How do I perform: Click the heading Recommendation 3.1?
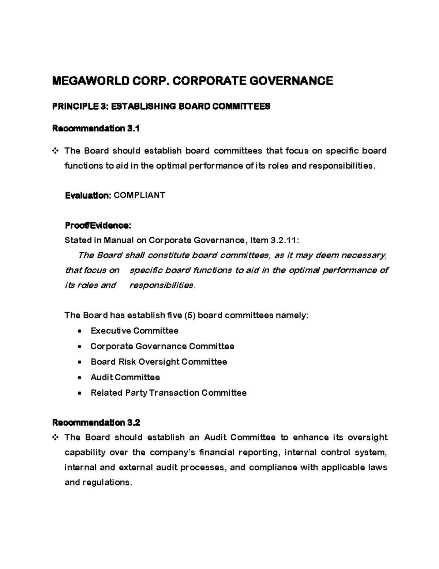pyautogui.click(x=96, y=129)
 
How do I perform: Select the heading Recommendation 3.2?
pyautogui.click(x=96, y=422)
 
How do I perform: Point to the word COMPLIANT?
pyautogui.click(x=139, y=195)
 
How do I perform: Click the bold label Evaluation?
pyautogui.click(x=88, y=195)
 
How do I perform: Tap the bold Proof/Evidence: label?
pyautogui.click(x=97, y=225)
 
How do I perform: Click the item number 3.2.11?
pyautogui.click(x=284, y=240)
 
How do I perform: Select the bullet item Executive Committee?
pyautogui.click(x=134, y=331)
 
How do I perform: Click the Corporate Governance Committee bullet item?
pyautogui.click(x=162, y=346)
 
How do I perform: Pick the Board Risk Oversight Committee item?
pyautogui.click(x=158, y=362)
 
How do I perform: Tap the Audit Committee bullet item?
pyautogui.click(x=125, y=377)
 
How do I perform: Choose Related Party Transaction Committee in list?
pyautogui.click(x=168, y=393)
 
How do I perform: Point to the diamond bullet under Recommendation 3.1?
pyautogui.click(x=55, y=151)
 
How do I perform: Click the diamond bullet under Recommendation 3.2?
pyautogui.click(x=55, y=437)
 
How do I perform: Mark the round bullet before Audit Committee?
pyautogui.click(x=80, y=377)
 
